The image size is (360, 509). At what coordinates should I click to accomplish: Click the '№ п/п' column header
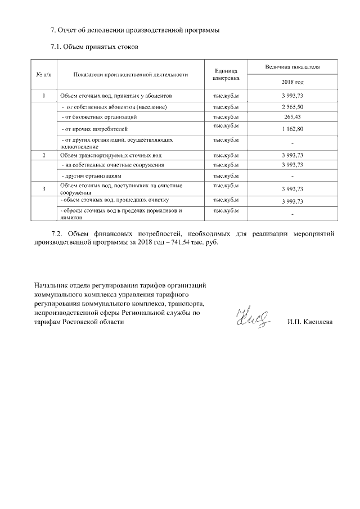[43, 74]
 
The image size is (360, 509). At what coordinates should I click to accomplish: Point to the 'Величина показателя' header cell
[292, 67]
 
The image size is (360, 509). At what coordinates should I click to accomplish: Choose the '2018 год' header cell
[292, 82]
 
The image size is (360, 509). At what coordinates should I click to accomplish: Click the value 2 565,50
[292, 106]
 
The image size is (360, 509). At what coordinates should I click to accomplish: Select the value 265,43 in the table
[292, 116]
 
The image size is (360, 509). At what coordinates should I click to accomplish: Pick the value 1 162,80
[292, 129]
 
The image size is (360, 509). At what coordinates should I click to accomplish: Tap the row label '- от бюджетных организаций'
[99, 116]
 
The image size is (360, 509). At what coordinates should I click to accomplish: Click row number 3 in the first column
[44, 188]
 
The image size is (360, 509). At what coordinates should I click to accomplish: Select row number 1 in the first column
[44, 96]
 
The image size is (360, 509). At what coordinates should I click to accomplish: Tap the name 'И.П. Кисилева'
[309, 322]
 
